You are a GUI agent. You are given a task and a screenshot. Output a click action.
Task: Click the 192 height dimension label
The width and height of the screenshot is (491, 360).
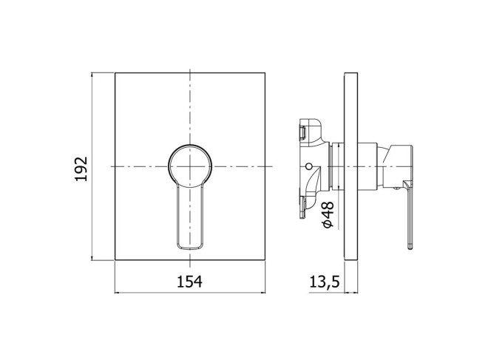81,169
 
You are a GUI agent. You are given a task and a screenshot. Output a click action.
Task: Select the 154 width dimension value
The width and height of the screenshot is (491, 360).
190,282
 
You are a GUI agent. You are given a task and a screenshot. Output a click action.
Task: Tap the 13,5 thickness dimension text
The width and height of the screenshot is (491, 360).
325,282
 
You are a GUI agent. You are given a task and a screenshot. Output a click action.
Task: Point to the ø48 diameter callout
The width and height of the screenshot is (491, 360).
328,214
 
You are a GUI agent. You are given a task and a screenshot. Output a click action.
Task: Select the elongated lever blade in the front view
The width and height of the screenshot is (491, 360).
190,217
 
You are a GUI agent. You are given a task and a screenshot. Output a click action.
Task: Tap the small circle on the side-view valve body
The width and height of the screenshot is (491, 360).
309,166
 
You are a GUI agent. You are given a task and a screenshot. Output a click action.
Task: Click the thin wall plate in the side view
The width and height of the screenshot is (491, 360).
351,166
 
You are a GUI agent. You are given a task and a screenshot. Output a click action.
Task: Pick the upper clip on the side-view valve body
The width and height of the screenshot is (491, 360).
303,132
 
